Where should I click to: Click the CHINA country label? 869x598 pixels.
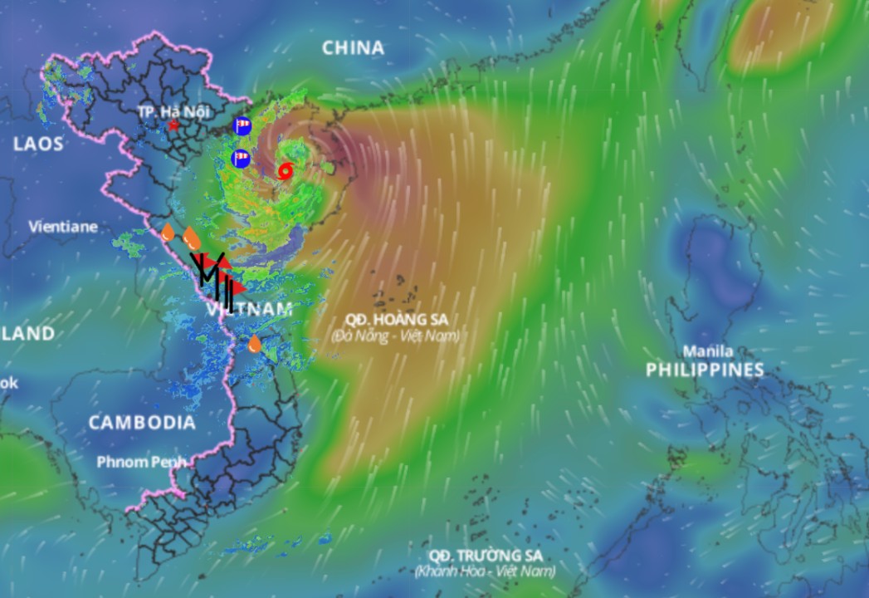[353, 48]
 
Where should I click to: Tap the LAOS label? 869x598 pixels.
[38, 144]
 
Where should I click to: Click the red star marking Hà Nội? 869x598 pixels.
[173, 125]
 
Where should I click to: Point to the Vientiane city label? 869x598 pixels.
[63, 226]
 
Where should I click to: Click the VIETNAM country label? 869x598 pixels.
[249, 310]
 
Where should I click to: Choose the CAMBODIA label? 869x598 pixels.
[142, 422]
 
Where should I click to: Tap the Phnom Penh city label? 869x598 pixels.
[141, 462]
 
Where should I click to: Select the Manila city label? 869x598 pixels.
[707, 350]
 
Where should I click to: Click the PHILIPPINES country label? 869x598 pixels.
[705, 370]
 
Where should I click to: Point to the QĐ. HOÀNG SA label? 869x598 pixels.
[394, 320]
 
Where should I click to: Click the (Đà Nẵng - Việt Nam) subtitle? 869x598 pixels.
[394, 336]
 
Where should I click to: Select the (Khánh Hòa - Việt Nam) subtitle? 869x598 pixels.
[486, 571]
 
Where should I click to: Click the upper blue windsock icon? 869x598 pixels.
[242, 126]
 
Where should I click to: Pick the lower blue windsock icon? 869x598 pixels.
[241, 158]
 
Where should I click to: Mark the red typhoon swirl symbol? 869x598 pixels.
[285, 171]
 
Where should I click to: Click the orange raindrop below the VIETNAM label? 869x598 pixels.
[255, 343]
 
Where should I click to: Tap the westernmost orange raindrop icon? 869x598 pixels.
[168, 232]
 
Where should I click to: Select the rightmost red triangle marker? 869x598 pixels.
[238, 287]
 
